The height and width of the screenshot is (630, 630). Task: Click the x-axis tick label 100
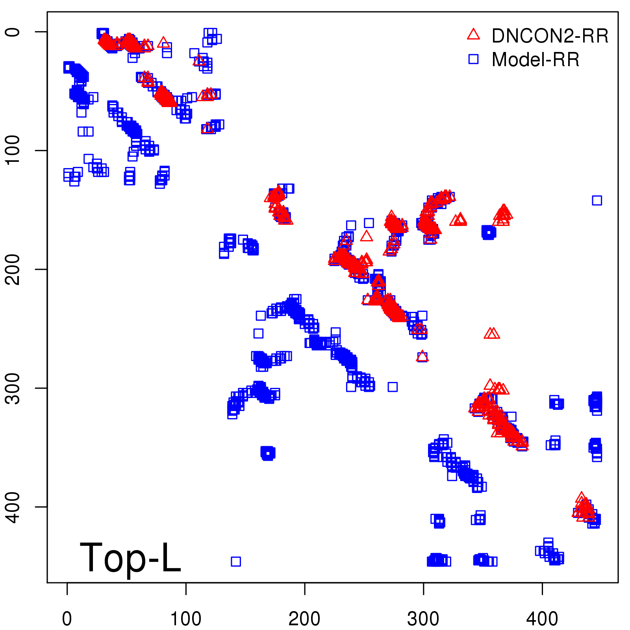click(185, 619)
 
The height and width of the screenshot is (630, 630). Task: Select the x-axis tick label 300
click(423, 619)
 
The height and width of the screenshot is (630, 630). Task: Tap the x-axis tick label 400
click(542, 619)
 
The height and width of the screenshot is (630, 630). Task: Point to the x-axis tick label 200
click(304, 619)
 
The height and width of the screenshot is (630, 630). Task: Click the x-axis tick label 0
click(67, 619)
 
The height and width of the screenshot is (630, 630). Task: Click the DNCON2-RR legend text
click(550, 36)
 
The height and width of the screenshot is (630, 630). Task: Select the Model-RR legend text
click(535, 60)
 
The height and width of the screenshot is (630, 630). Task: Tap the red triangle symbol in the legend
click(473, 35)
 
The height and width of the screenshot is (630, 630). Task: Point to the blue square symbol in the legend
click(473, 59)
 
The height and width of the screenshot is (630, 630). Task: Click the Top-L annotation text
click(130, 558)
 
